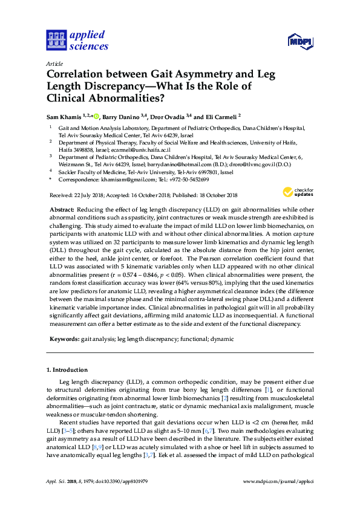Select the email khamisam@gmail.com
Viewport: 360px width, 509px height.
point(116,180)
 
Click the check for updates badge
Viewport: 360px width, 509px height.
point(296,193)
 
